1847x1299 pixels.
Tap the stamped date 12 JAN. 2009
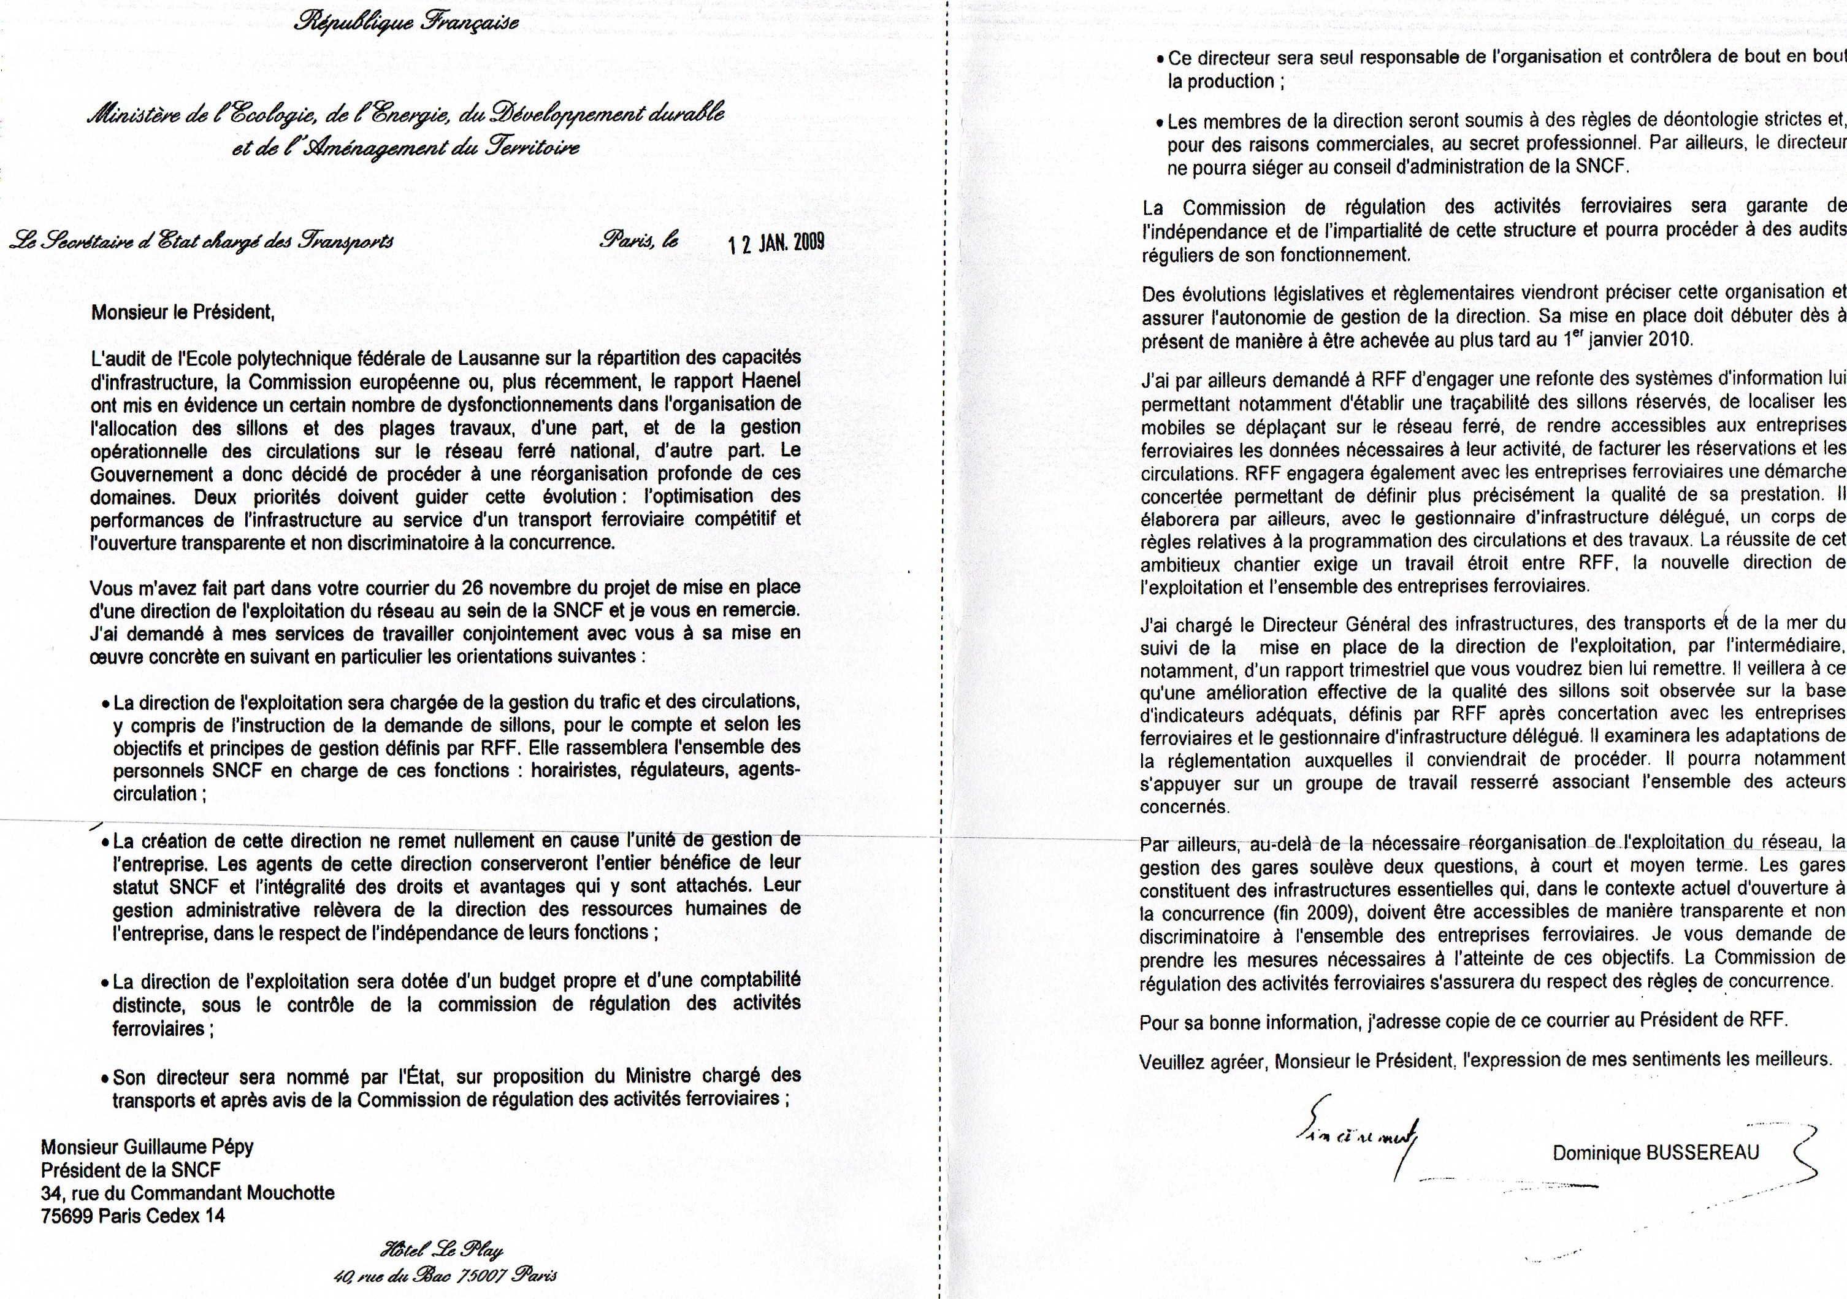pyautogui.click(x=776, y=243)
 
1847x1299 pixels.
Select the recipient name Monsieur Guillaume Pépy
pyautogui.click(x=147, y=1147)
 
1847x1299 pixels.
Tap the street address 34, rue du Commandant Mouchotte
pyautogui.click(x=188, y=1193)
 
